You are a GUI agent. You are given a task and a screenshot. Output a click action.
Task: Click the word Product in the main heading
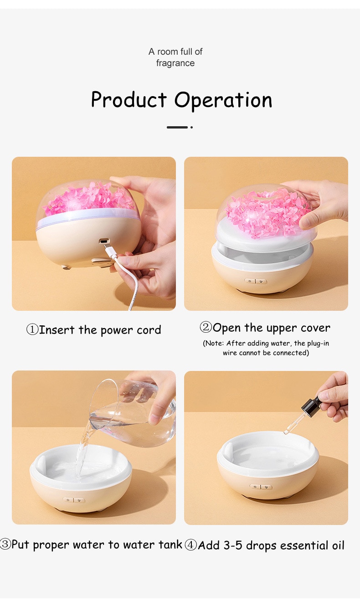click(x=129, y=100)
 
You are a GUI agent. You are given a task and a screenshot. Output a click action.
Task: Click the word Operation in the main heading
click(x=223, y=100)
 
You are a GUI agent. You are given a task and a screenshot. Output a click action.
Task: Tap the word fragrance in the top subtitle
click(x=175, y=63)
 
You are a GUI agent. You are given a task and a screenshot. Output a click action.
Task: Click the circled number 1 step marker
click(x=32, y=329)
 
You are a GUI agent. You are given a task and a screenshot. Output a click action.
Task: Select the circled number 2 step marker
click(x=206, y=327)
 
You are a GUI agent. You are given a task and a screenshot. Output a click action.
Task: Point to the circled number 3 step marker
click(x=5, y=544)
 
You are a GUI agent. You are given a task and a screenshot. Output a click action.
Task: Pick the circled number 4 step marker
click(x=191, y=545)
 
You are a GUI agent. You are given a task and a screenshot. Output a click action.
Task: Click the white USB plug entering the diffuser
click(x=110, y=252)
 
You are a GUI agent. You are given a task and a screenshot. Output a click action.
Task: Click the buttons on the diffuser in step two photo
click(x=256, y=281)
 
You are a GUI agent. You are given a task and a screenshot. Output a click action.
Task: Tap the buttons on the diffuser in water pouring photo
click(x=74, y=500)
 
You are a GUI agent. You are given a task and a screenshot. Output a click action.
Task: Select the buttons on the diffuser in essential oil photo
click(x=261, y=487)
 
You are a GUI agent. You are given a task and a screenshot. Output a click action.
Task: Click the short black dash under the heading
click(x=177, y=127)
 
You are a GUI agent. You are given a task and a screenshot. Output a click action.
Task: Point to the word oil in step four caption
click(x=338, y=545)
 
